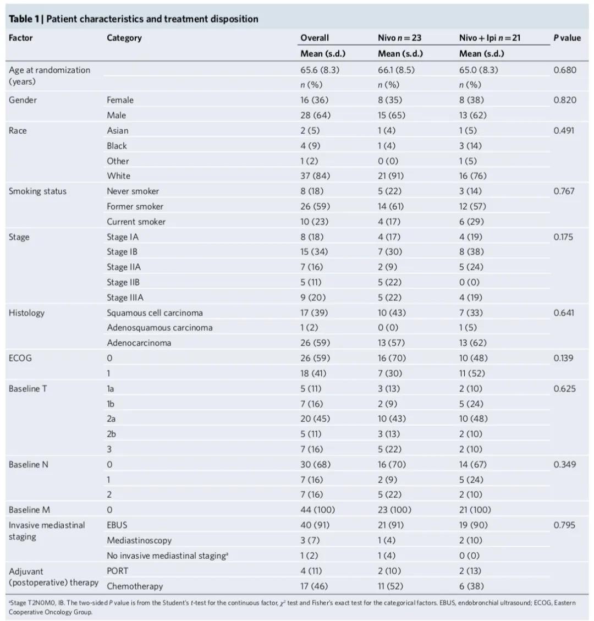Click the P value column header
(x=567, y=38)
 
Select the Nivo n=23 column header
(x=399, y=38)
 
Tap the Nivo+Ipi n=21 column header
(x=490, y=38)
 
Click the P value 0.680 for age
(x=565, y=70)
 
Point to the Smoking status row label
(x=37, y=191)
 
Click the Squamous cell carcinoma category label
(x=155, y=313)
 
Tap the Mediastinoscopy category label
(x=139, y=541)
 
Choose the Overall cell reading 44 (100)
(x=317, y=510)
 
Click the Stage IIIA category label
(x=125, y=298)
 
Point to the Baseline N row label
(x=29, y=465)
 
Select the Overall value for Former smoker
(x=315, y=206)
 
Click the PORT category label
(x=118, y=571)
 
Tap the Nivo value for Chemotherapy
(x=389, y=586)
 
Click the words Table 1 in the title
(x=23, y=19)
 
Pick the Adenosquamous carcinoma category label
(x=159, y=328)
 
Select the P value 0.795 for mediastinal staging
(x=565, y=525)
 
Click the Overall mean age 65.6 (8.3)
(x=320, y=70)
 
